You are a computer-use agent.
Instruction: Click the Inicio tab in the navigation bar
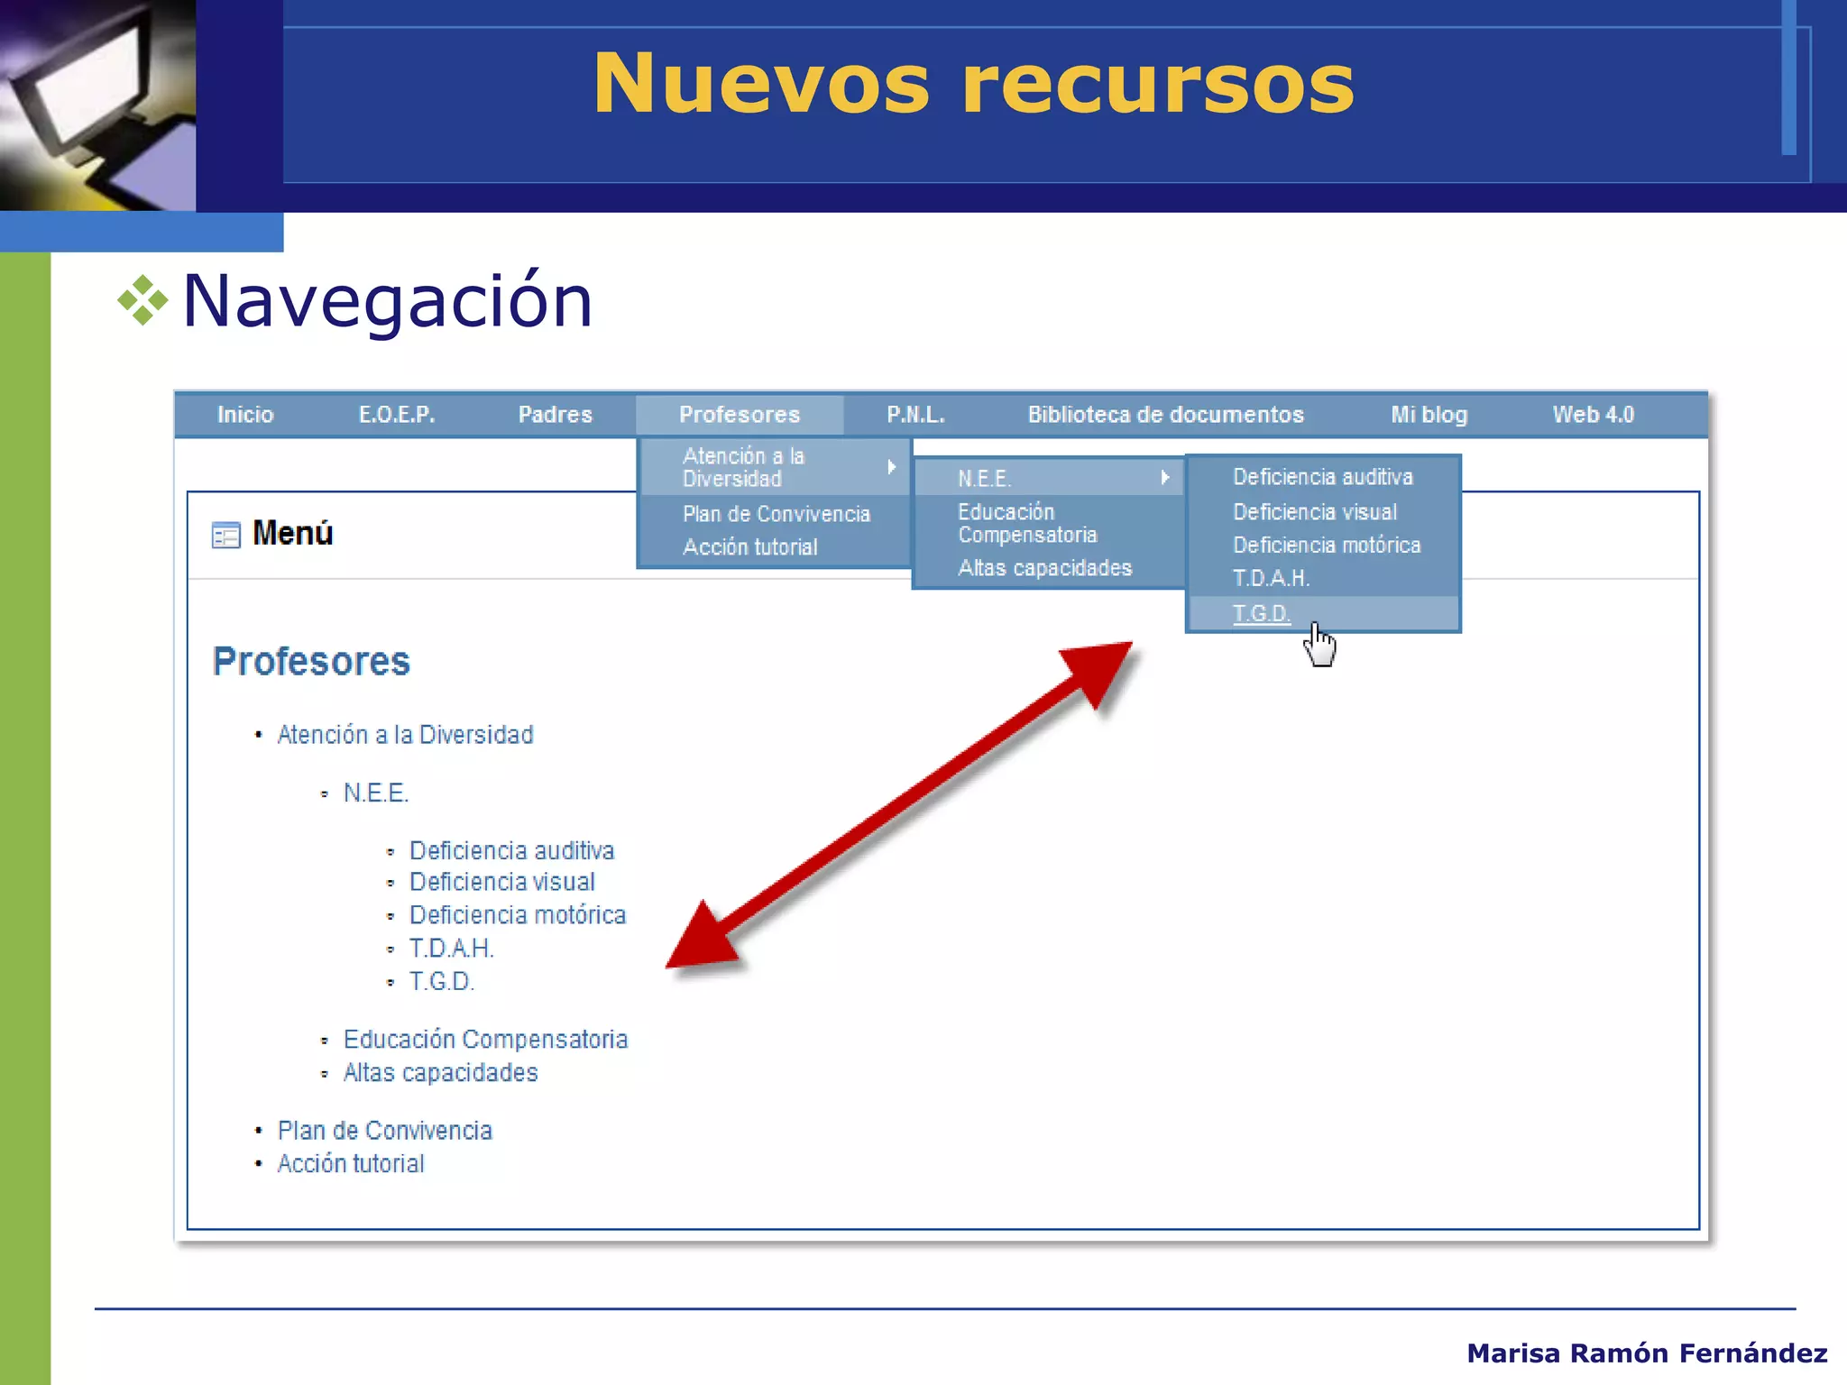point(244,415)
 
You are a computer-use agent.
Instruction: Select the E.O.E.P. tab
point(397,415)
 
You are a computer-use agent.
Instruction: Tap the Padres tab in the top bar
point(555,415)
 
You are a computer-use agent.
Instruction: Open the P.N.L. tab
point(915,415)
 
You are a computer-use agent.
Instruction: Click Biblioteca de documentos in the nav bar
point(1165,415)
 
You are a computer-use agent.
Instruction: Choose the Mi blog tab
point(1429,415)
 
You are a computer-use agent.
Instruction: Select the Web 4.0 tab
point(1593,415)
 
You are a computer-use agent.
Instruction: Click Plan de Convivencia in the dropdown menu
point(776,514)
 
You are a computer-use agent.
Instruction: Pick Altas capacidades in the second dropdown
point(1044,568)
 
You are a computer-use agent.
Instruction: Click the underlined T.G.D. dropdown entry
point(1261,614)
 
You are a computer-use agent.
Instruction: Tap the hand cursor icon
point(1320,645)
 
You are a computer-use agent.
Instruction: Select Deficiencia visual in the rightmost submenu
point(1314,512)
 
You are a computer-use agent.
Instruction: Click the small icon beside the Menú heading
point(225,535)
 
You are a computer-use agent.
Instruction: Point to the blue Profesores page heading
point(311,662)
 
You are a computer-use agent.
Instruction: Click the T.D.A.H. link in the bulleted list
point(451,949)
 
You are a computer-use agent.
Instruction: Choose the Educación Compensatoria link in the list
point(485,1040)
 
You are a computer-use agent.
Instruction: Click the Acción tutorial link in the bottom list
point(350,1164)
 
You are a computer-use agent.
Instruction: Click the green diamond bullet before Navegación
point(142,300)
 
